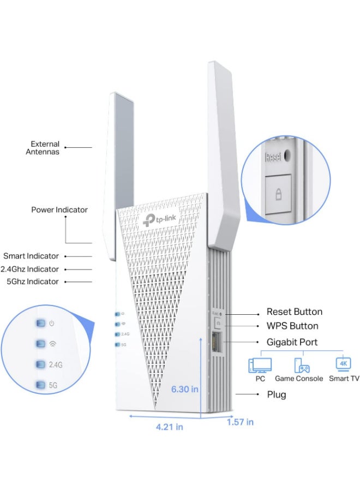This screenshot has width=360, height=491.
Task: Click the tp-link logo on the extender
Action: pyautogui.click(x=161, y=219)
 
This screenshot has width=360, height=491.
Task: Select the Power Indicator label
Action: pyautogui.click(x=59, y=209)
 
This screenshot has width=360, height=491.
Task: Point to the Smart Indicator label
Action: pyautogui.click(x=31, y=256)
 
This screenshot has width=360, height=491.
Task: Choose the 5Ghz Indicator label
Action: pyautogui.click(x=32, y=282)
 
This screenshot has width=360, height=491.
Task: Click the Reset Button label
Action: pyautogui.click(x=294, y=312)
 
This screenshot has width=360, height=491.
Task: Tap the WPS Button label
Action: pyautogui.click(x=292, y=326)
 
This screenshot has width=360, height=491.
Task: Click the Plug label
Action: pyautogui.click(x=276, y=394)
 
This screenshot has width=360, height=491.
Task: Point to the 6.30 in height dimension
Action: pyautogui.click(x=184, y=389)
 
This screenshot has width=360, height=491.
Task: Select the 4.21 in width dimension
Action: pyautogui.click(x=169, y=427)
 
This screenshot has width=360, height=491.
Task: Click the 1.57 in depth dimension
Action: pyautogui.click(x=240, y=422)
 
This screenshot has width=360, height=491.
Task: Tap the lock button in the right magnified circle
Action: pyautogui.click(x=278, y=194)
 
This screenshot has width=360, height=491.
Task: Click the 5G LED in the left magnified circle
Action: pyautogui.click(x=41, y=385)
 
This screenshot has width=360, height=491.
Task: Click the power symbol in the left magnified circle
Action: pyautogui.click(x=52, y=324)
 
